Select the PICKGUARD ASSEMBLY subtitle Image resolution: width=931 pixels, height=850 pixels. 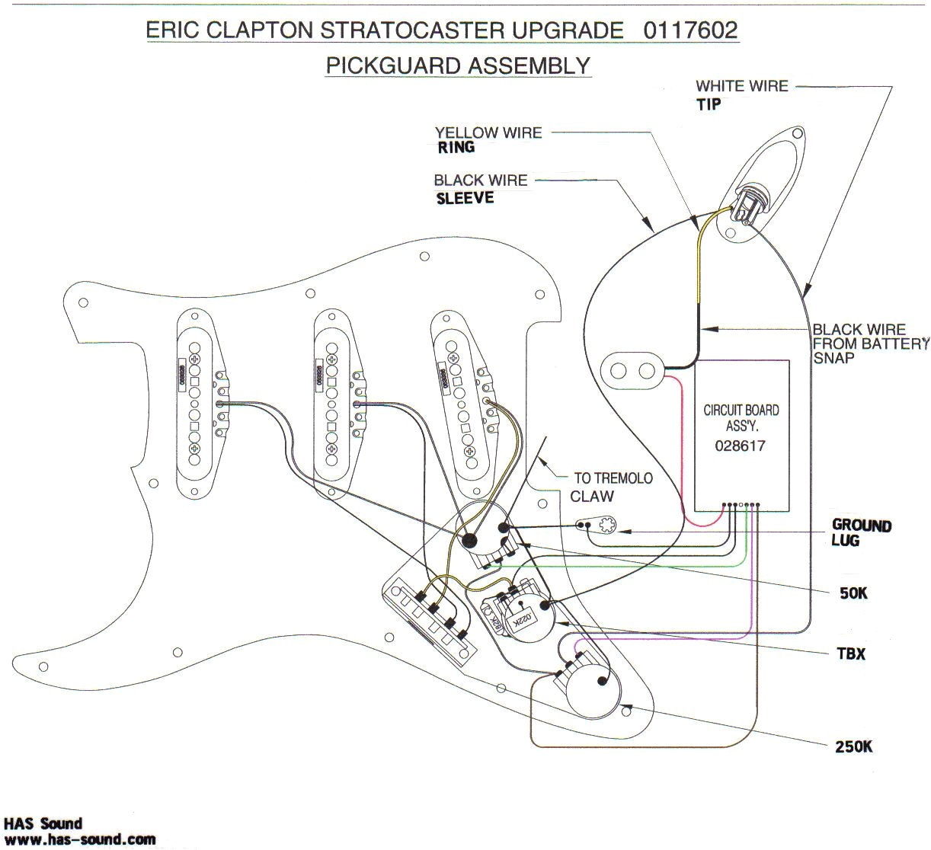[458, 66]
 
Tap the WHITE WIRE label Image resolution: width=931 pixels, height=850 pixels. [741, 86]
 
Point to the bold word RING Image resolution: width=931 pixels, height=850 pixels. [456, 148]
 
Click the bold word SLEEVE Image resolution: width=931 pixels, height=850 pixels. [465, 199]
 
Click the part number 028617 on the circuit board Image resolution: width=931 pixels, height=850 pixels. [740, 446]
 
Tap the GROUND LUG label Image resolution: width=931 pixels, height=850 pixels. [860, 532]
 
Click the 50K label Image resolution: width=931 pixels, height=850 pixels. [853, 593]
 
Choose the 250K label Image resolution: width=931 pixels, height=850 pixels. [853, 746]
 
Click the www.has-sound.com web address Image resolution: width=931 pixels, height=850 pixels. [79, 839]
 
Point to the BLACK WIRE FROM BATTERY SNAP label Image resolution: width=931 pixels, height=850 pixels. [869, 344]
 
